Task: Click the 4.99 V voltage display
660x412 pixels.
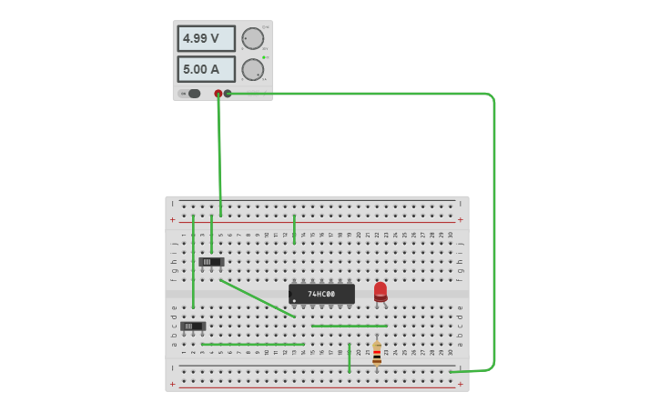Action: [206, 38]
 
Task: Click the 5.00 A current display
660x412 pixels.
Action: [206, 69]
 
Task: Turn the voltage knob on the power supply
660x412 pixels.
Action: [251, 38]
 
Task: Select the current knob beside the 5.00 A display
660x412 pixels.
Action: [251, 69]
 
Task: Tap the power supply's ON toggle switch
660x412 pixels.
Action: [193, 94]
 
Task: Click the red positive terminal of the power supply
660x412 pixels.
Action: [218, 94]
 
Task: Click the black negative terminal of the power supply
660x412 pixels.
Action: [228, 94]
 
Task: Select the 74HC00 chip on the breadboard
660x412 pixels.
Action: [321, 294]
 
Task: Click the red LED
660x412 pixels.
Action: [381, 291]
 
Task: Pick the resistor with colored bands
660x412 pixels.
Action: [377, 353]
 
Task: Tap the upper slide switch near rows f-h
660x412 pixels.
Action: [211, 262]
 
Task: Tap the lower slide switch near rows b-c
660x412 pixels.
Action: [192, 326]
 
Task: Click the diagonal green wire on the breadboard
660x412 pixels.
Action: [257, 297]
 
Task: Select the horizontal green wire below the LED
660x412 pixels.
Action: [349, 326]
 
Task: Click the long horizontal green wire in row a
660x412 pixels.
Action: [253, 345]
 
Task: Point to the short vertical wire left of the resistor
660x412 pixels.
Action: [349, 357]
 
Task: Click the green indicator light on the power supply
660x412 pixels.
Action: [264, 57]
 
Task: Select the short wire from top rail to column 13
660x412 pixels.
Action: [294, 229]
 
